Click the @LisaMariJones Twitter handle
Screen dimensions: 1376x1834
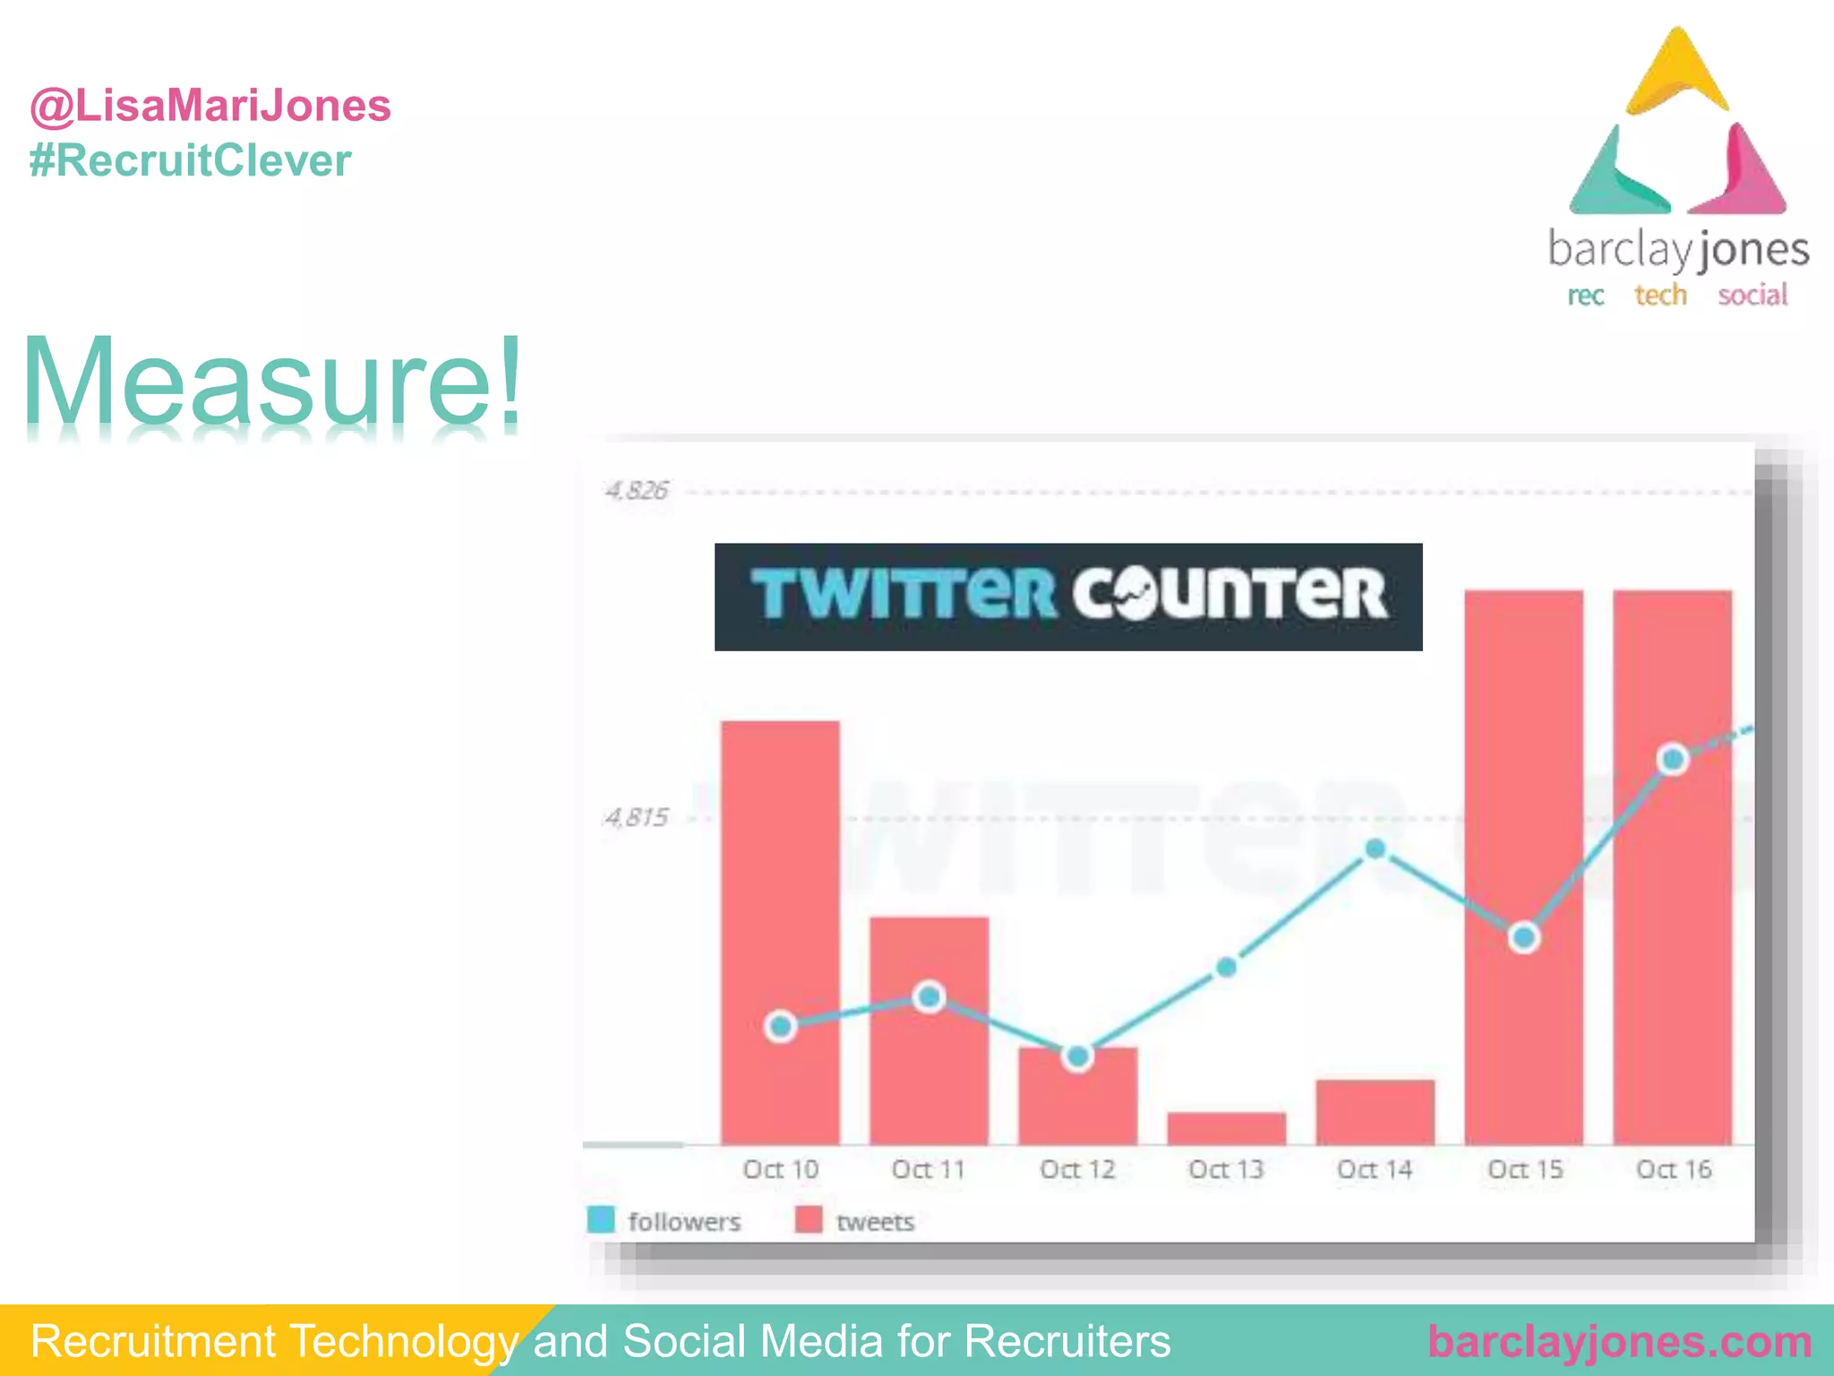(210, 106)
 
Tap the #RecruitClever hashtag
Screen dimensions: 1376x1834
(190, 161)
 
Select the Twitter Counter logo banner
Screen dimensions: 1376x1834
(1067, 597)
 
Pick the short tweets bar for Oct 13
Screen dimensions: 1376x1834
(1226, 1128)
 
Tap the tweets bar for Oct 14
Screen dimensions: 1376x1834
(1375, 1112)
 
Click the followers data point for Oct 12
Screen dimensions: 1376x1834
(1077, 1057)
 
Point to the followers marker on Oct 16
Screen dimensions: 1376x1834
(1673, 760)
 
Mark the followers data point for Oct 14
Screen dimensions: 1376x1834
(1375, 848)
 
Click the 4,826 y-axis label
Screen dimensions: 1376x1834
(636, 491)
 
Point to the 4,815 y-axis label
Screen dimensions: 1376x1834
(636, 817)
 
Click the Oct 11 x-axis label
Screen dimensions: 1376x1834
(928, 1169)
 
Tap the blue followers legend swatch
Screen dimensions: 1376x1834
(601, 1220)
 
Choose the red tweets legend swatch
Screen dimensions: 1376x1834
(809, 1220)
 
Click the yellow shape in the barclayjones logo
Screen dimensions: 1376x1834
(1676, 75)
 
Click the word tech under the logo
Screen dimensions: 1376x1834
(1660, 295)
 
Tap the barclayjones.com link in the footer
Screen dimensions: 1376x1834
(1619, 1341)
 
